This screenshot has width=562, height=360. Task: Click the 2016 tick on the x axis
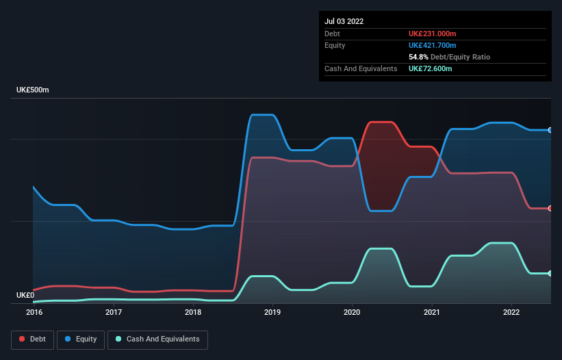34,313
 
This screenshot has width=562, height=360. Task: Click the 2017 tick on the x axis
114,313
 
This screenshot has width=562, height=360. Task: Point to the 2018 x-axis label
193,313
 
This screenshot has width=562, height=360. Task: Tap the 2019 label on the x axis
272,313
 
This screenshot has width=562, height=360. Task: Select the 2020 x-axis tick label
353,313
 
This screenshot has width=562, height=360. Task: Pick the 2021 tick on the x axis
432,313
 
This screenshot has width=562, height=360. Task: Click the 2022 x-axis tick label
511,313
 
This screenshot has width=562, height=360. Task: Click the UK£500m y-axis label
33,90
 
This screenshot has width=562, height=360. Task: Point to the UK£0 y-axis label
26,295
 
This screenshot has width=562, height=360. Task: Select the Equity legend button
81,339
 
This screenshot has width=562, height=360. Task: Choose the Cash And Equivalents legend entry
157,339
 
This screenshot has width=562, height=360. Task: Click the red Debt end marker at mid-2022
550,208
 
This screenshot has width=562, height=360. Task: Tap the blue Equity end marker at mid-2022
550,130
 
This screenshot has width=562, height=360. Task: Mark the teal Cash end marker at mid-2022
550,273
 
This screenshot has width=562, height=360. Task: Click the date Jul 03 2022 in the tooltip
344,21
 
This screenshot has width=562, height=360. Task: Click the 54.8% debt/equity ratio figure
419,57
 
